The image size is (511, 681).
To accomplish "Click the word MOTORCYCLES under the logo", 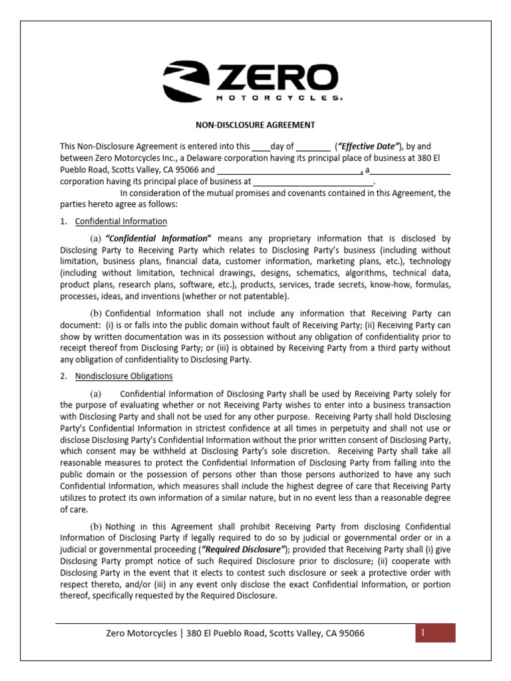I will coord(278,98).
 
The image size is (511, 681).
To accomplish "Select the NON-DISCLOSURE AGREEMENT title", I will coord(255,124).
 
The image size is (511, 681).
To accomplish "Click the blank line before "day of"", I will coord(261,146).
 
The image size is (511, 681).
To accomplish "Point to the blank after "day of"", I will coord(313,146).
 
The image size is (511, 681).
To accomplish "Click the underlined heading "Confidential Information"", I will coord(121,221).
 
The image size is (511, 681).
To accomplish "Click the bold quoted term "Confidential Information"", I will coord(158,238).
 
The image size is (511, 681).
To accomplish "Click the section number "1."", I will coord(64,221).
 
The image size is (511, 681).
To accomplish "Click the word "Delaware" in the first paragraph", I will coord(248,158).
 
